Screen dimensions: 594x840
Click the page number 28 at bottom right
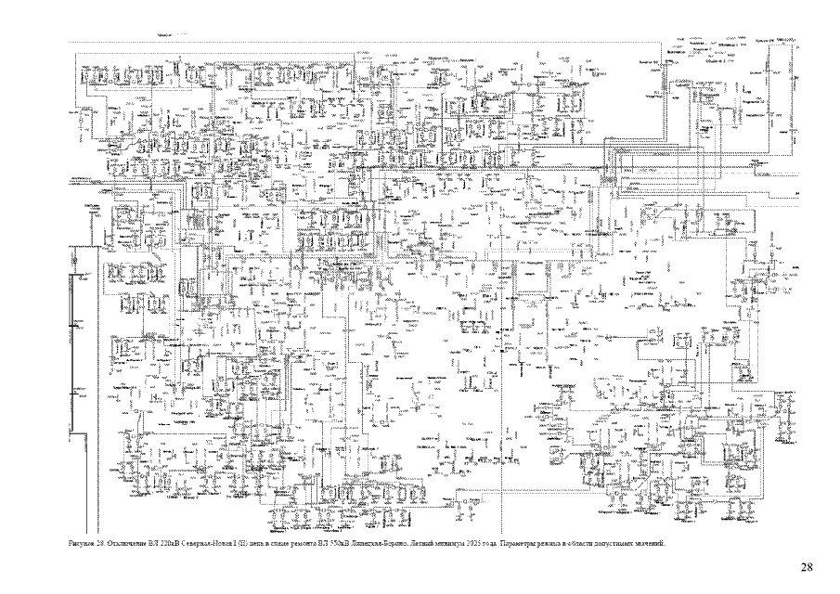click(x=807, y=566)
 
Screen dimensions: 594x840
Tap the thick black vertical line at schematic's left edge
click(x=73, y=371)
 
